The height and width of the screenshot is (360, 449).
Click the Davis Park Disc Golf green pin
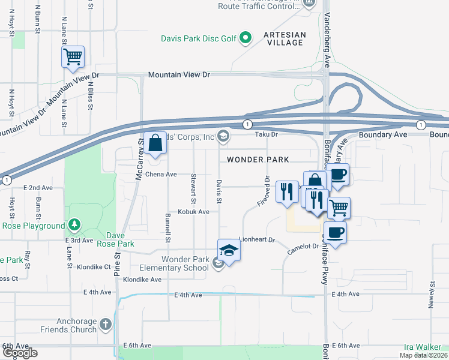coord(245,39)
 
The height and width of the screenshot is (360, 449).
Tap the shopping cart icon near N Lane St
coord(73,57)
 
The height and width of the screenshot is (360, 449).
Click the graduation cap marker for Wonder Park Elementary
coord(229,250)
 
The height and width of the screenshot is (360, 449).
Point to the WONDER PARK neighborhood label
coord(258,160)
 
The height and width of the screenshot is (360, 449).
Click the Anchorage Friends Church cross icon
coord(106,325)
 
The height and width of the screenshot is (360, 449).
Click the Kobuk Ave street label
coord(193,212)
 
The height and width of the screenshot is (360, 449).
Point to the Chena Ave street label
coord(161,175)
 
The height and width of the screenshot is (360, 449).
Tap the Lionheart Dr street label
coord(256,239)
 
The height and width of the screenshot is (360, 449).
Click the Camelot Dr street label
coord(302,247)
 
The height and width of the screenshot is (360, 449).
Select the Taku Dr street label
coord(268,136)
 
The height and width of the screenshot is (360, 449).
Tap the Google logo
coord(20,353)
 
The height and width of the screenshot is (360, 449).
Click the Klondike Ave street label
coord(142,280)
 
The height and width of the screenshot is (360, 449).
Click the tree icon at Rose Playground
coord(74,226)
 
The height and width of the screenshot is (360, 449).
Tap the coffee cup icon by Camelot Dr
coord(336,232)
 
